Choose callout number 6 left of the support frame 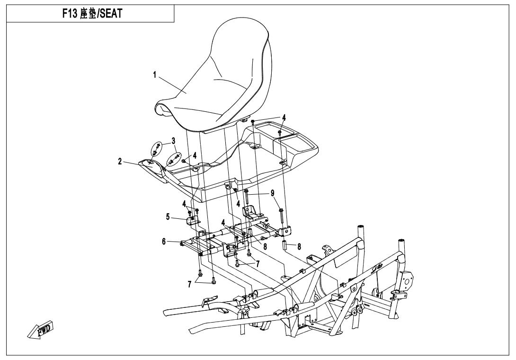click(x=164, y=242)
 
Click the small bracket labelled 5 click(x=193, y=220)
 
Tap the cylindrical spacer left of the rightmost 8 click(x=286, y=247)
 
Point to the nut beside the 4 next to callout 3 click(x=184, y=161)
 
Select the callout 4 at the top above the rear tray click(x=284, y=117)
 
